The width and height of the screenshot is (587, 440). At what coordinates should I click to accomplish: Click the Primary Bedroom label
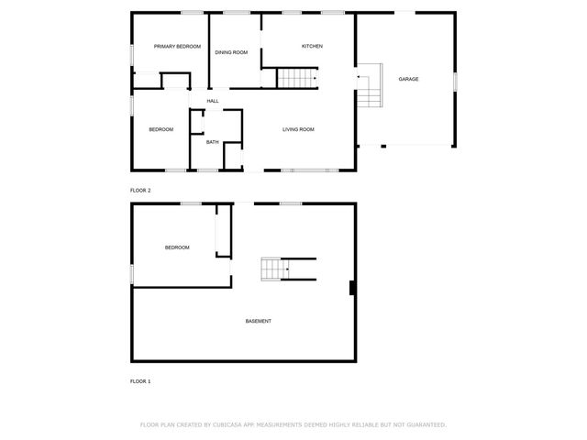[x=177, y=46]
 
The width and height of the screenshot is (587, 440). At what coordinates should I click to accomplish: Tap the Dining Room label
[x=232, y=52]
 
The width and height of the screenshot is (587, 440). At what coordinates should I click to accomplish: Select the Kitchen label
[x=313, y=46]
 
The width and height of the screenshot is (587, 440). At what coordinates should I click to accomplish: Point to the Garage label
[x=408, y=79]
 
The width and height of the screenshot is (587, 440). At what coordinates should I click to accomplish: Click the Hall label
[x=213, y=101]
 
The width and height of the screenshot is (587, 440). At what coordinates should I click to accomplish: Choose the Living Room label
[x=298, y=129]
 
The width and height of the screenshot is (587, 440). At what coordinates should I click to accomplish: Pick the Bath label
[x=212, y=142]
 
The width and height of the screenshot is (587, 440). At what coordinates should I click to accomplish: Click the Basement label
[x=258, y=321]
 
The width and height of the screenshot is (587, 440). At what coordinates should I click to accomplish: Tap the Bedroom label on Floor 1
[x=177, y=247]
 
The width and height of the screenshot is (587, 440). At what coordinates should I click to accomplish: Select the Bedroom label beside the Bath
[x=161, y=129]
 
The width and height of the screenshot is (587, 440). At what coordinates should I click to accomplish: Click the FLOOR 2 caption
[x=140, y=190]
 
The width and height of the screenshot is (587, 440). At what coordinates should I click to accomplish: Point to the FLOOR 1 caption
[x=140, y=380]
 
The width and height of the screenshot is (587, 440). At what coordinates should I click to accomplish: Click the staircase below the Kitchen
[x=297, y=79]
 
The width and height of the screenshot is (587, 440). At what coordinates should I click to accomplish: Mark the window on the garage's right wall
[x=455, y=80]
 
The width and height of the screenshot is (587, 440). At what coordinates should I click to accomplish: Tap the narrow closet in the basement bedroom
[x=221, y=231]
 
